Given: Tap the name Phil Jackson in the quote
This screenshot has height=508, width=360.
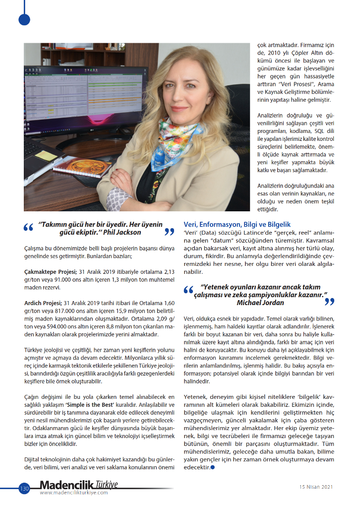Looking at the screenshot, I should (125, 232).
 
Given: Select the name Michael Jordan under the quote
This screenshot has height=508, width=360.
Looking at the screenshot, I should (260, 303).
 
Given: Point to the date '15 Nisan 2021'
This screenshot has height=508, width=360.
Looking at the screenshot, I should (315, 487).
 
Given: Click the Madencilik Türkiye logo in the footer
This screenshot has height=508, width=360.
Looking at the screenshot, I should (79, 485).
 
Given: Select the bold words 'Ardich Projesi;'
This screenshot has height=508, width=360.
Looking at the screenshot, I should (43, 302).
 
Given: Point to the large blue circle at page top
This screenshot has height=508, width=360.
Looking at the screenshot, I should (24, 19).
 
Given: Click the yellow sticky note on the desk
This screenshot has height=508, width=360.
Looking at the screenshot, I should (46, 156).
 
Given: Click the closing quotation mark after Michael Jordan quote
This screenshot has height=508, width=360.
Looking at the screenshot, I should (329, 301).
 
